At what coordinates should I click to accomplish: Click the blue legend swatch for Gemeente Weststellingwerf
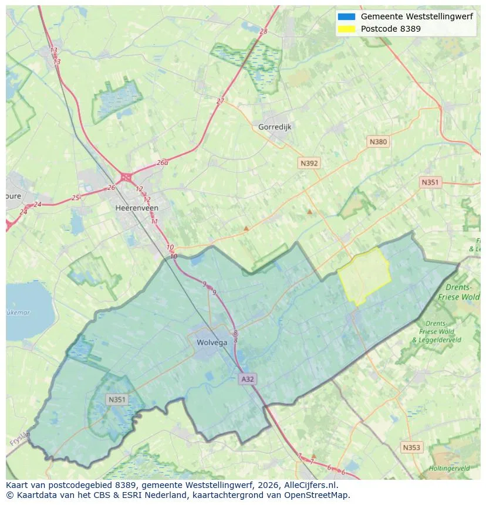point(347,16)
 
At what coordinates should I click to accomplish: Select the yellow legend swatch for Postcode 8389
point(347,29)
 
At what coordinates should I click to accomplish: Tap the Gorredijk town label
point(275,127)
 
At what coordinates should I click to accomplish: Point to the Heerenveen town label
point(137,208)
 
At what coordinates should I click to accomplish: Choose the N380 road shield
point(378,141)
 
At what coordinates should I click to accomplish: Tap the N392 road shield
point(309,164)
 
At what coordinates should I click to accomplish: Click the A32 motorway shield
point(248,379)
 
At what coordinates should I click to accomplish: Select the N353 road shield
point(411,448)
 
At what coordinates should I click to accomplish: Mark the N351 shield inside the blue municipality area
point(116,399)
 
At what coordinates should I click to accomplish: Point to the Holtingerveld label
point(449,468)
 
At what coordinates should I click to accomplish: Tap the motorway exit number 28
point(263,31)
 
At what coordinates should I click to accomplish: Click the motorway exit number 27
point(220,101)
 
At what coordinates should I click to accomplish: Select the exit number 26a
point(163,163)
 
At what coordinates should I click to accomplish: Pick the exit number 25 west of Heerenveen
point(75,198)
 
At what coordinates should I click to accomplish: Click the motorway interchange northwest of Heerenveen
point(126,177)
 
